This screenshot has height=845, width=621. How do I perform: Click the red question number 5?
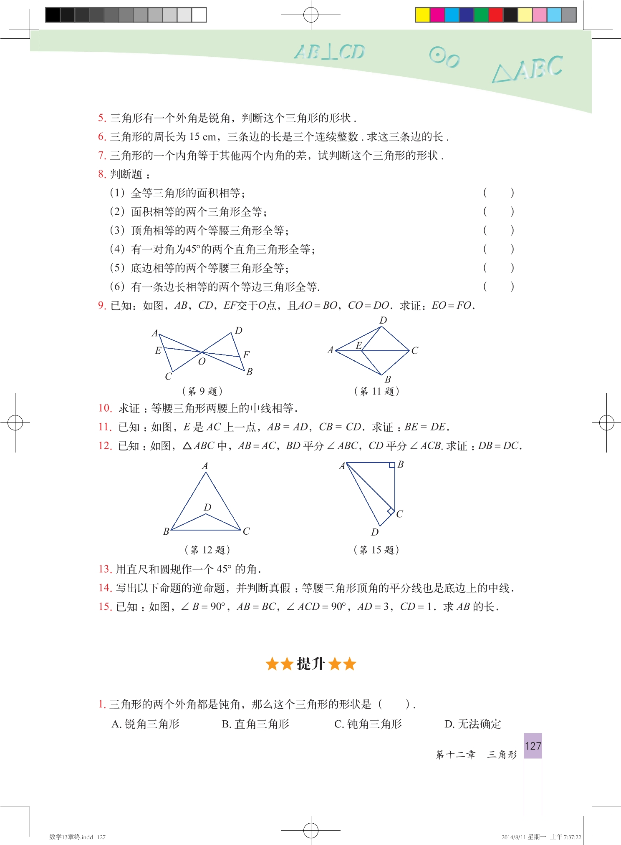(102, 118)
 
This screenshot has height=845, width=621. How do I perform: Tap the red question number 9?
(102, 306)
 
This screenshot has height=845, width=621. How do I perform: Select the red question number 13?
(105, 569)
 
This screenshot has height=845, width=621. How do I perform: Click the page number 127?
(533, 746)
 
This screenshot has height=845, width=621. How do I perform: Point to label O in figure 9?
(202, 362)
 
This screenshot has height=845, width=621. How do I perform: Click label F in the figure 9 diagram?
(246, 355)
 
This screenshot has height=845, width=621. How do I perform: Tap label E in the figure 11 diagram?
(359, 345)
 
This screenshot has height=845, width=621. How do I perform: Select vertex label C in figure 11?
(414, 351)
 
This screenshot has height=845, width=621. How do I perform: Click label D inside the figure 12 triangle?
(207, 507)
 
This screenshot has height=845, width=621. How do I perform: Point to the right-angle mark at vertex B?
(392, 465)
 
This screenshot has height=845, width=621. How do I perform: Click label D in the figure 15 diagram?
(375, 532)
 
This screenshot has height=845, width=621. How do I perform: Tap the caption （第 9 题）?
(202, 391)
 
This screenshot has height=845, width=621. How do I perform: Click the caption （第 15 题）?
(376, 550)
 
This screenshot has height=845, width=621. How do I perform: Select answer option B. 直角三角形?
(255, 724)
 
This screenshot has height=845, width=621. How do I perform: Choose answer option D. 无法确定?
(473, 724)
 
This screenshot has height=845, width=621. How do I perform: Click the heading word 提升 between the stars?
(310, 664)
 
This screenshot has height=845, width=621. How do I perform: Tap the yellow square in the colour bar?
(422, 15)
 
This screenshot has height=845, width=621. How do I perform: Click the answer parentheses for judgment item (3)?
(498, 230)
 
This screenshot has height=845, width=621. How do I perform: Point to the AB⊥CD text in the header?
(330, 52)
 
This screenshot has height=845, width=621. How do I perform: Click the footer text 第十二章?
(456, 754)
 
